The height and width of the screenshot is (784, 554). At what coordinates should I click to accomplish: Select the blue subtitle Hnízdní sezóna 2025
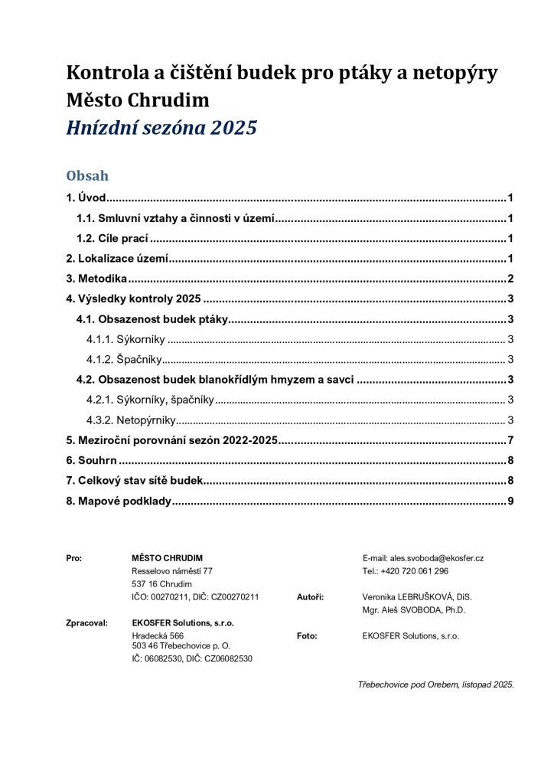(161, 128)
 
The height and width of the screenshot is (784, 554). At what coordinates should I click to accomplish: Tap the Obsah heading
(87, 176)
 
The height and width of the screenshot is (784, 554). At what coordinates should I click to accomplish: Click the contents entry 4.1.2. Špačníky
(124, 359)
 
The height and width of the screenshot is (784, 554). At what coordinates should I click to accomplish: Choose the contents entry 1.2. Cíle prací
(112, 238)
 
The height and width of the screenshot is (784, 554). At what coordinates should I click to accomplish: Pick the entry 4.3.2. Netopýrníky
(132, 420)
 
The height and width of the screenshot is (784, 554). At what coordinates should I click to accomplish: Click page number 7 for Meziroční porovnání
(510, 440)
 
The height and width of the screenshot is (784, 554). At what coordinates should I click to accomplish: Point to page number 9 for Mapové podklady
(510, 501)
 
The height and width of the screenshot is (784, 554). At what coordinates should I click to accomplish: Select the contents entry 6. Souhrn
(90, 460)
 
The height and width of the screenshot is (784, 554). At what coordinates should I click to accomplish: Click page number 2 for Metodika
(510, 279)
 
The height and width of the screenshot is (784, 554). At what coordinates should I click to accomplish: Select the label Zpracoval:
(86, 623)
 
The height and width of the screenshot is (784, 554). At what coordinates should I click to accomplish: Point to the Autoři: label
(310, 596)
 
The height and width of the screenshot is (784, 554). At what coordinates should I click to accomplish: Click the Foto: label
(306, 635)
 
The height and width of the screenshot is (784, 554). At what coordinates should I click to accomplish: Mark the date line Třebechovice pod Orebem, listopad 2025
(435, 684)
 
